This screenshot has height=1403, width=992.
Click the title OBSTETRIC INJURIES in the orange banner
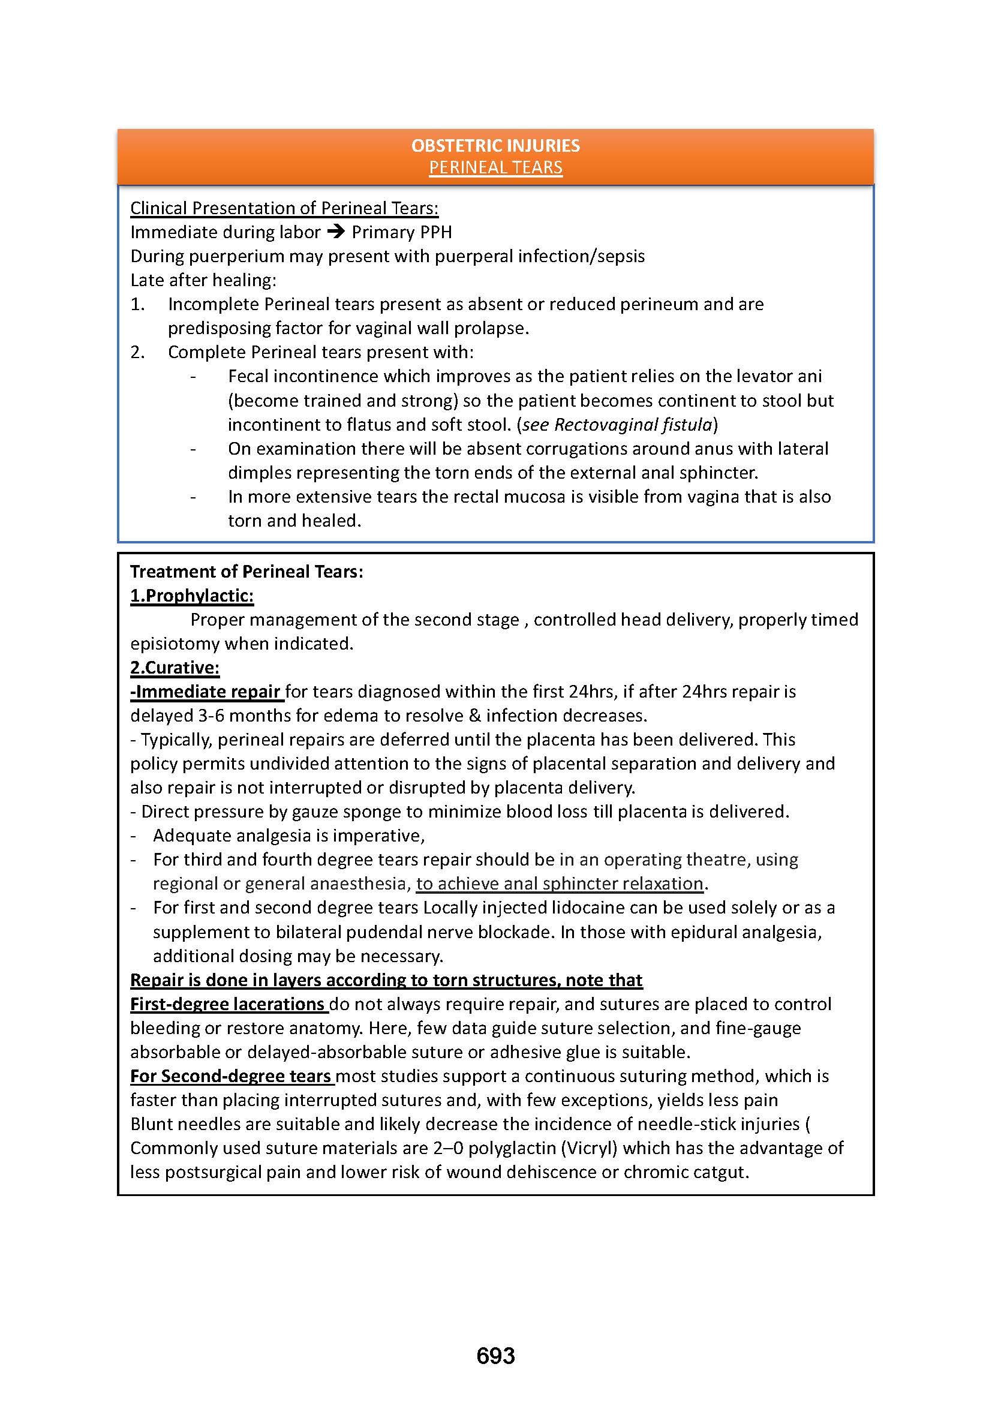pyautogui.click(x=495, y=145)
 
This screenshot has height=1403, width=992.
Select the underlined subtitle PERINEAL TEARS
pyautogui.click(x=495, y=167)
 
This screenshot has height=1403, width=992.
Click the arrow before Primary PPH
pyautogui.click(x=336, y=232)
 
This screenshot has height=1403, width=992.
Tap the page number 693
pyautogui.click(x=495, y=1356)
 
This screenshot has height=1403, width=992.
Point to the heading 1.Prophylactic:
pyautogui.click(x=192, y=596)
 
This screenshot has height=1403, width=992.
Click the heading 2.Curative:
pyautogui.click(x=175, y=668)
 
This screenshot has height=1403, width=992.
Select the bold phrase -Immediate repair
pyautogui.click(x=206, y=692)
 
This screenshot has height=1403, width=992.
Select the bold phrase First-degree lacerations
pyautogui.click(x=227, y=1004)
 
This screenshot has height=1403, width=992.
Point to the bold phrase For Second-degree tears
pyautogui.click(x=231, y=1076)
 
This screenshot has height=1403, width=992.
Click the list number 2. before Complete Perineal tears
pyautogui.click(x=137, y=353)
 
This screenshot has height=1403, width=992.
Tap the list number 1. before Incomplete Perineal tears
pyautogui.click(x=137, y=304)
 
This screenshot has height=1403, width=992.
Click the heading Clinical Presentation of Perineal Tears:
pyautogui.click(x=284, y=208)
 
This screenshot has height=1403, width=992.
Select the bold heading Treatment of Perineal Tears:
pyautogui.click(x=247, y=572)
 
